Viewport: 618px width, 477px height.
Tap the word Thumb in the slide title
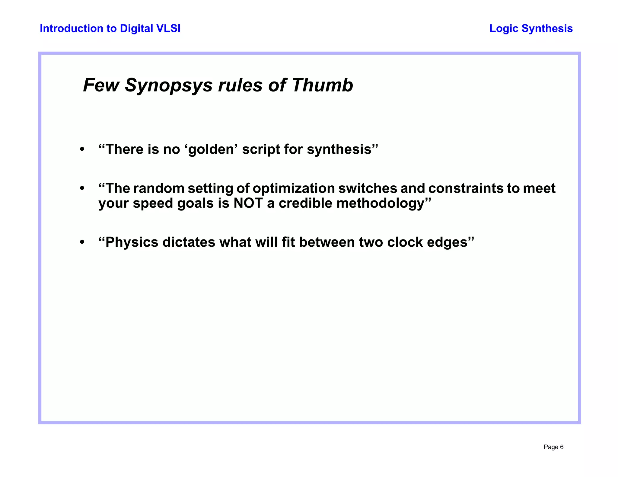[322, 85]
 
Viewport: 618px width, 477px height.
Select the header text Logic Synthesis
[531, 28]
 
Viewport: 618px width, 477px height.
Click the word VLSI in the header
[168, 28]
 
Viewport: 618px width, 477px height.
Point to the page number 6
[562, 447]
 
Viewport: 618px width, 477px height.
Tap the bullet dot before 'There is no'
[82, 149]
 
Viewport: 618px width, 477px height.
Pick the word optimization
[294, 189]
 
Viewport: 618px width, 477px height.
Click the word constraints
[466, 189]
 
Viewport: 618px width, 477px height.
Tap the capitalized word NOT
[248, 203]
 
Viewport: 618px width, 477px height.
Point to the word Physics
[132, 242]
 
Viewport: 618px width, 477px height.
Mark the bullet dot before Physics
[82, 242]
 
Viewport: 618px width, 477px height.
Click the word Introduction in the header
[67, 28]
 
